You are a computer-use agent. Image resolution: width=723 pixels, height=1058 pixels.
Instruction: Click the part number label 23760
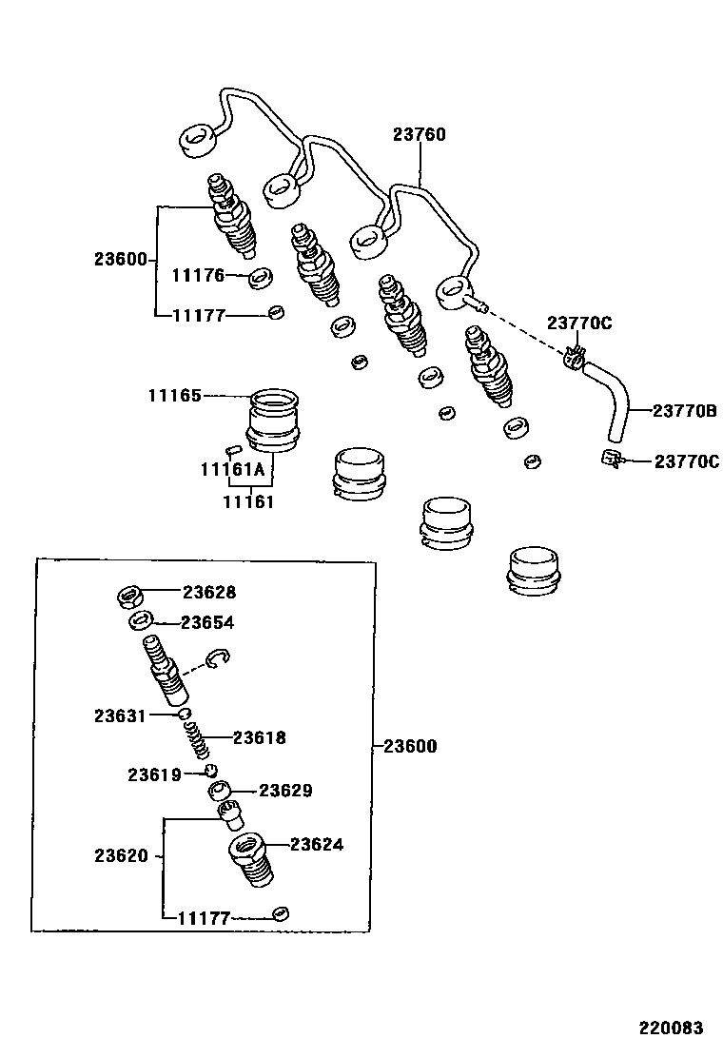pyautogui.click(x=419, y=135)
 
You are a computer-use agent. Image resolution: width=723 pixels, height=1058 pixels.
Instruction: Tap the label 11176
pyautogui.click(x=198, y=276)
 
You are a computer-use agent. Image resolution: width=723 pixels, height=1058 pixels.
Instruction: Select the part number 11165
pyautogui.click(x=174, y=396)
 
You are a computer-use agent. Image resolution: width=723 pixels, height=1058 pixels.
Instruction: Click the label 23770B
pyautogui.click(x=684, y=411)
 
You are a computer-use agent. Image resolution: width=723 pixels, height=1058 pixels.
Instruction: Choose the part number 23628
pyautogui.click(x=209, y=592)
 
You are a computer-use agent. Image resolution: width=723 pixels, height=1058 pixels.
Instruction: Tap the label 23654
pyautogui.click(x=207, y=622)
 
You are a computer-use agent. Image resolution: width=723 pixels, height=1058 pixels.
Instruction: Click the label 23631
pyautogui.click(x=120, y=715)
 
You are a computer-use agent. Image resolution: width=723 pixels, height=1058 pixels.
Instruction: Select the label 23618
pyautogui.click(x=259, y=737)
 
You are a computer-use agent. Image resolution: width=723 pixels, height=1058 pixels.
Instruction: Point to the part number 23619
pyautogui.click(x=154, y=774)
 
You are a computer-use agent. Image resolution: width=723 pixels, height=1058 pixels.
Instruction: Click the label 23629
pyautogui.click(x=285, y=791)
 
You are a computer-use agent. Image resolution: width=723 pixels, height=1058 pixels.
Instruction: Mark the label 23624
pyautogui.click(x=317, y=844)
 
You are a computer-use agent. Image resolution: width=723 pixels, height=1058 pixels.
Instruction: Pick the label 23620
pyautogui.click(x=121, y=855)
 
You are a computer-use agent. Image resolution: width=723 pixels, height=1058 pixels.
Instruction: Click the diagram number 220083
pyautogui.click(x=671, y=1028)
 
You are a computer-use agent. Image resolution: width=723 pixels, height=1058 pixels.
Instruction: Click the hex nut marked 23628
pyautogui.click(x=130, y=597)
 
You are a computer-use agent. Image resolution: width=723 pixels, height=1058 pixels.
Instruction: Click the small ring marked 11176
pyautogui.click(x=260, y=279)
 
